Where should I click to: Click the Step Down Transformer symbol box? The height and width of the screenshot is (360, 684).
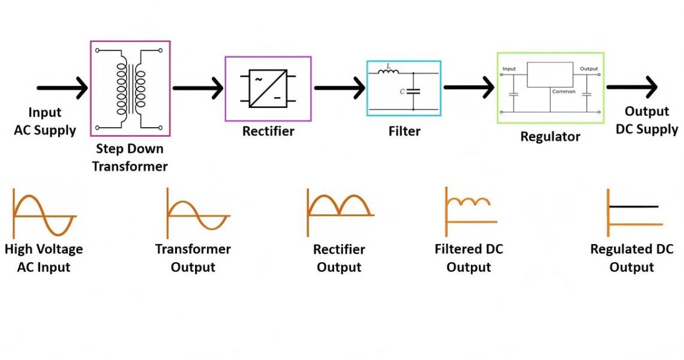(x=130, y=89)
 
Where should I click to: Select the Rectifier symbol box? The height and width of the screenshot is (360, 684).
(x=268, y=89)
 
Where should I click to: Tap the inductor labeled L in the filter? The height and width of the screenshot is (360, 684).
(x=389, y=74)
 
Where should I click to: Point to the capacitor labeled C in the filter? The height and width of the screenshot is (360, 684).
(x=413, y=91)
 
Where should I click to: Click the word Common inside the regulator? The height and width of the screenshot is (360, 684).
(x=563, y=92)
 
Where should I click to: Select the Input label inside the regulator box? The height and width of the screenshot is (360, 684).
(x=509, y=69)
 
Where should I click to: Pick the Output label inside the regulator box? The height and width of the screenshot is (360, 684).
(x=589, y=69)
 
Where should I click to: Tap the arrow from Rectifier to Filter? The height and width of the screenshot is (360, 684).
(x=339, y=88)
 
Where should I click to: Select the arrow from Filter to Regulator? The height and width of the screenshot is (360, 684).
(x=469, y=88)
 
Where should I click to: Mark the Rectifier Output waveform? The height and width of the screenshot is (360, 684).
(x=340, y=205)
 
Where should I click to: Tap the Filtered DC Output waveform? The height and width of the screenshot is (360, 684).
(x=471, y=207)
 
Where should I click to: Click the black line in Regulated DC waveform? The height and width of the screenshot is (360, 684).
(x=634, y=207)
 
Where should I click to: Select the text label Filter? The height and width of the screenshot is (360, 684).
(x=404, y=131)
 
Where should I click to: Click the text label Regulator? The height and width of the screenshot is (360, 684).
(x=550, y=137)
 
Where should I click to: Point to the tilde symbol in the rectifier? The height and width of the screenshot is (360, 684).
(x=259, y=79)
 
